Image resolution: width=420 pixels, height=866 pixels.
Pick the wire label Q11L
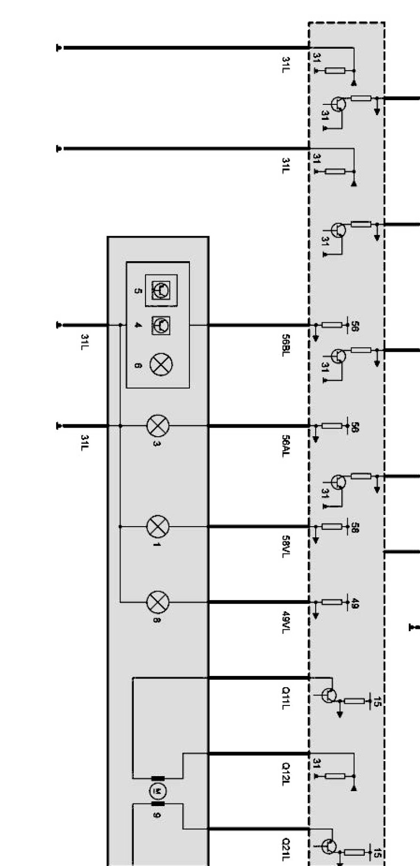click(x=286, y=698)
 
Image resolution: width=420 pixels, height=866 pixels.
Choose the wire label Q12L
click(x=286, y=774)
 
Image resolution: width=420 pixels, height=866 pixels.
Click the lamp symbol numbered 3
click(x=158, y=426)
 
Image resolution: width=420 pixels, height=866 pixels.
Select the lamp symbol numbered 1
click(x=158, y=527)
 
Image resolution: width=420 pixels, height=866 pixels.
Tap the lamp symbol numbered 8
click(x=158, y=602)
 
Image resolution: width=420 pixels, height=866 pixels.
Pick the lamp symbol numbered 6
click(x=161, y=364)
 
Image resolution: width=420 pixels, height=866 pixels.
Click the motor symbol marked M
click(x=157, y=791)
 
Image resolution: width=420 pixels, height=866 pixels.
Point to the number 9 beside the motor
click(x=156, y=815)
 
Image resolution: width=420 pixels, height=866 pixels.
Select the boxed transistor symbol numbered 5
click(x=161, y=290)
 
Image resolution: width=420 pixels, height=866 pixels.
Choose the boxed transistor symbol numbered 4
click(x=161, y=325)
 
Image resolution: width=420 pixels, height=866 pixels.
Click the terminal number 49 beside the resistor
click(x=355, y=604)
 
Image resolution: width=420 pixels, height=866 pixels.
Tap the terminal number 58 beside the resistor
click(x=355, y=528)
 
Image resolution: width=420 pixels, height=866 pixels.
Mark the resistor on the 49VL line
click(x=332, y=602)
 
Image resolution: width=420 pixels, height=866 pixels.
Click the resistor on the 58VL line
click(x=332, y=527)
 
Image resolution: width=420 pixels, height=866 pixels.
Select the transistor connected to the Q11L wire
click(x=329, y=695)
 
